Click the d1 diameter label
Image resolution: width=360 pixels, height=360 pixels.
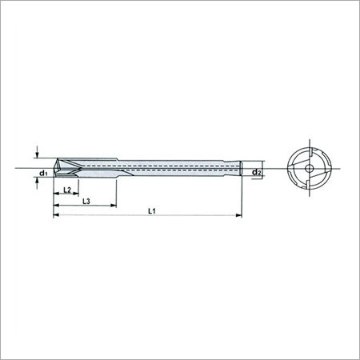[43, 173]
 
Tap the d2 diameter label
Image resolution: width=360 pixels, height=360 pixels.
[257, 172]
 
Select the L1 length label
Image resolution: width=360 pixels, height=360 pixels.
[152, 211]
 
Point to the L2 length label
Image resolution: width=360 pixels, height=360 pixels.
[67, 190]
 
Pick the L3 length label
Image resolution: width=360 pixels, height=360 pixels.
[86, 202]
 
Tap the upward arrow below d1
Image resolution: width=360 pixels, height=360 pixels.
[37, 183]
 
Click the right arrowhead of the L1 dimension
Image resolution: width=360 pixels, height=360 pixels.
[238, 215]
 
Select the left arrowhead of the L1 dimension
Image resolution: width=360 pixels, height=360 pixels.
[57, 215]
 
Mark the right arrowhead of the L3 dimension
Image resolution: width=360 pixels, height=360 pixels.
[114, 205]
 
